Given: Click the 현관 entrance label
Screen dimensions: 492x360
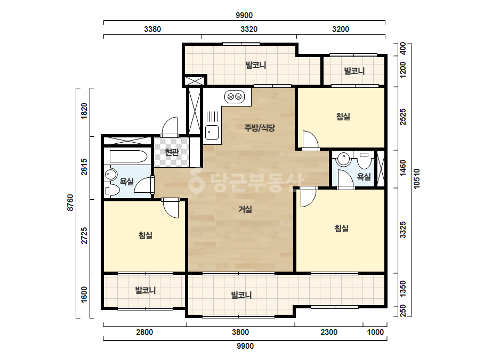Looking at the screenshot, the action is tap(172, 152).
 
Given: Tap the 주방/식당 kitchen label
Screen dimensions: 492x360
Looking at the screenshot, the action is tap(260, 128).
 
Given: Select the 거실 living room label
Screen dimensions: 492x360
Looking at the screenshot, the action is tap(245, 209).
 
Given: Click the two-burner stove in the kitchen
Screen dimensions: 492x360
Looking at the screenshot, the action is tap(235, 96).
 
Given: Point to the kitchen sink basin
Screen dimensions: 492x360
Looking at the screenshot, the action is tap(212, 132).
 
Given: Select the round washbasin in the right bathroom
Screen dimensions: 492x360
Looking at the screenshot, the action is tap(344, 159).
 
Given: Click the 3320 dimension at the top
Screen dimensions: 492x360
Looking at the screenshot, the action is tap(249, 29).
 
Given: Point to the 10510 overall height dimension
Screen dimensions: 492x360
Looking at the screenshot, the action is tap(416, 179).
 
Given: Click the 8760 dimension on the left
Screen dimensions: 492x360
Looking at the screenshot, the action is tap(70, 202).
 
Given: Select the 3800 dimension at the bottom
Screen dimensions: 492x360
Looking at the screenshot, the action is tap(240, 332).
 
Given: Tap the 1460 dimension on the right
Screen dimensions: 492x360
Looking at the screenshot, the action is tap(403, 168).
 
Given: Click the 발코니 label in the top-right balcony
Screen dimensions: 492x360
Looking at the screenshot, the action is tap(354, 71).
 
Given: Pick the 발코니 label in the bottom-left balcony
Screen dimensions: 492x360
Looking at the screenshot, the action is tap(146, 290).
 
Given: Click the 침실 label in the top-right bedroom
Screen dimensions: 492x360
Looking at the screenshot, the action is tap(343, 117).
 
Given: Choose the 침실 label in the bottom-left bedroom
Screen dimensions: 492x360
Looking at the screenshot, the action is tap(146, 235).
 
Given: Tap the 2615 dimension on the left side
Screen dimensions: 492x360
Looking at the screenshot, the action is tap(84, 167).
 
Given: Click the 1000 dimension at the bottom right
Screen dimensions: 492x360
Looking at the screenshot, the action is tap(375, 332).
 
